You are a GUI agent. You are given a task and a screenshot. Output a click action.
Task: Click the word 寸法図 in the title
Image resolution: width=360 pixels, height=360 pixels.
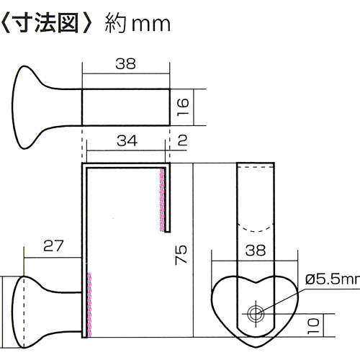click(45, 24)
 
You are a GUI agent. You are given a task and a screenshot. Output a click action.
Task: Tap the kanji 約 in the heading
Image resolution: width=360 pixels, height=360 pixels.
click(115, 24)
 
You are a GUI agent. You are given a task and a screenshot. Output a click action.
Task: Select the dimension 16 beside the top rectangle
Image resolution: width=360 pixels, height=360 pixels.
click(183, 107)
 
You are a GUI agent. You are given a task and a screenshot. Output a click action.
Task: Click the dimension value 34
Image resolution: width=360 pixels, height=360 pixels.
click(127, 140)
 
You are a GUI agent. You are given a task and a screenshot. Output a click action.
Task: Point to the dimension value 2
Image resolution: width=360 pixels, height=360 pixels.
click(182, 140)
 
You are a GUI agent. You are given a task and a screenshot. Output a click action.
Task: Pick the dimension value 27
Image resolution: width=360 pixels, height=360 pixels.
click(53, 246)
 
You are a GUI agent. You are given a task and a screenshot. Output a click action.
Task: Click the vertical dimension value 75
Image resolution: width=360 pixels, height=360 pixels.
click(181, 255)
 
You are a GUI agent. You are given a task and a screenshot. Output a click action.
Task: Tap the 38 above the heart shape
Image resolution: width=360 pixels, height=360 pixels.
click(256, 251)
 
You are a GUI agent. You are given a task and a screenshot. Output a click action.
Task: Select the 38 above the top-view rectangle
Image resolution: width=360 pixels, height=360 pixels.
click(125, 64)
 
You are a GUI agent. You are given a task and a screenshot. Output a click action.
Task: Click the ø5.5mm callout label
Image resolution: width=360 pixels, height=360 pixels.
click(333, 279)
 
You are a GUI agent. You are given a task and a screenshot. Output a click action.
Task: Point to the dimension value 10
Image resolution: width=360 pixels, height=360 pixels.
click(313, 326)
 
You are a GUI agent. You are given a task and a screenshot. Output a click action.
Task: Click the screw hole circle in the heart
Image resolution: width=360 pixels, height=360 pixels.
click(256, 313)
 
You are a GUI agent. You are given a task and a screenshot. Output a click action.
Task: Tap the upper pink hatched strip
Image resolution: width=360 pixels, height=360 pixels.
click(162, 199)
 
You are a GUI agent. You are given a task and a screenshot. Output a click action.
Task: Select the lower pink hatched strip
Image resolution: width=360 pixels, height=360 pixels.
click(89, 305)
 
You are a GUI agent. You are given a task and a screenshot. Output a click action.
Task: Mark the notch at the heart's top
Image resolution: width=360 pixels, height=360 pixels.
click(256, 282)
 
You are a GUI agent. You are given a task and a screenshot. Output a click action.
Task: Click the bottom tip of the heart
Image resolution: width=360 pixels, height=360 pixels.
click(256, 347)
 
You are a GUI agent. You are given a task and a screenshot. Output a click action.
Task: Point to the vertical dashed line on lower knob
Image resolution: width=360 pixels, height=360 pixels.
click(24, 312)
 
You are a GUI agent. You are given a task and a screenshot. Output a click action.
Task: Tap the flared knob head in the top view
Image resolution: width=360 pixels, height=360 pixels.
click(24, 107)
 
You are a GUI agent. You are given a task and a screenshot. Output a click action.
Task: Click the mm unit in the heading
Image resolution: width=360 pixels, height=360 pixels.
click(151, 25)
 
